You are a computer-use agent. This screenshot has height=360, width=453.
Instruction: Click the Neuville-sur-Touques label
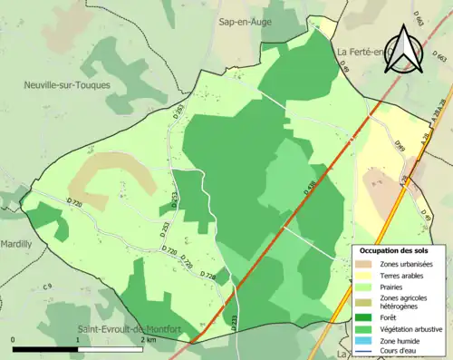pos(68,83)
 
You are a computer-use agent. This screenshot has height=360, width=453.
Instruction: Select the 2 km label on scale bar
pos(149,339)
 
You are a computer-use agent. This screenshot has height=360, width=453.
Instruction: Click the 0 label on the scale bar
pos(14,339)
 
